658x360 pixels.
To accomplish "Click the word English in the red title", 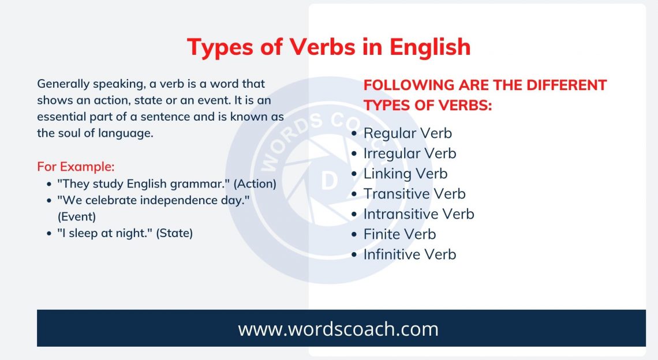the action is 430,47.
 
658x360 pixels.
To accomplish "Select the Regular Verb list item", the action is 408,133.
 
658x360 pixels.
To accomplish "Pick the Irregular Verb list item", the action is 410,153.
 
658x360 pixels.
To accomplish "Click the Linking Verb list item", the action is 406,174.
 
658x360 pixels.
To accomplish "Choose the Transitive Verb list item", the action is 414,194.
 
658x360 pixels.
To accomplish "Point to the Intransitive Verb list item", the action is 419,214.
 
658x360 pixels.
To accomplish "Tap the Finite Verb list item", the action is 400,234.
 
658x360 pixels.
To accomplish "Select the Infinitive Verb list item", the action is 410,254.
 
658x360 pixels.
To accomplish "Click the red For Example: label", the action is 76,167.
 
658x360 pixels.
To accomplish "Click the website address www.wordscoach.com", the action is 338,329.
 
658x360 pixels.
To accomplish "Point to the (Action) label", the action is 255,184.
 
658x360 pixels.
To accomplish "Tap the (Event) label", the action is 77,216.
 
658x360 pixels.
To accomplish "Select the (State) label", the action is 174,233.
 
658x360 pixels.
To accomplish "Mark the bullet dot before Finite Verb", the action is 354,235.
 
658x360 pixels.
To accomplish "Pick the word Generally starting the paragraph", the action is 63,84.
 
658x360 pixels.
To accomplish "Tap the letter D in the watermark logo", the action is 330,181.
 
